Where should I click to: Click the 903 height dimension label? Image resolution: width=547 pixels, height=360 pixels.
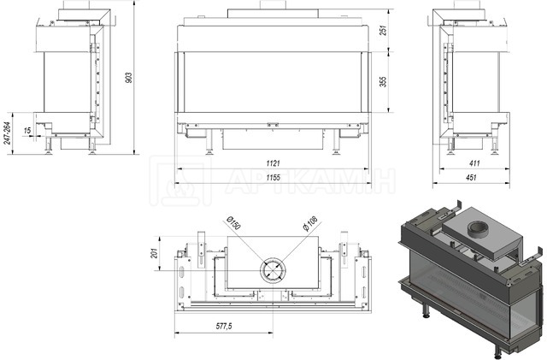(x=129, y=78)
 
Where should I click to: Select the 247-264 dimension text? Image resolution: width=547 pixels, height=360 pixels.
(x=9, y=133)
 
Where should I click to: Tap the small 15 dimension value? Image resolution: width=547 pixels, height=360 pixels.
(x=27, y=131)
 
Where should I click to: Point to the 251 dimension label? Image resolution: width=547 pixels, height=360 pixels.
(x=383, y=31)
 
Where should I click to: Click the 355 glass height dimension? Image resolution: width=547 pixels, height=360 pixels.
(x=383, y=82)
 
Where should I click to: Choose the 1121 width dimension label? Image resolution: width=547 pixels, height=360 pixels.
(x=273, y=163)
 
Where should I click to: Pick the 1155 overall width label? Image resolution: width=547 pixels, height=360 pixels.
(x=273, y=177)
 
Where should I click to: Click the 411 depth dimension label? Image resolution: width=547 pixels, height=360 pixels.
(x=474, y=163)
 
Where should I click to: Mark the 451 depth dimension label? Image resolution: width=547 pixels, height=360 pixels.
(x=471, y=177)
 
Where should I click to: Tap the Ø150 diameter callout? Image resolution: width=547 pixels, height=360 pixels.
(x=233, y=223)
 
